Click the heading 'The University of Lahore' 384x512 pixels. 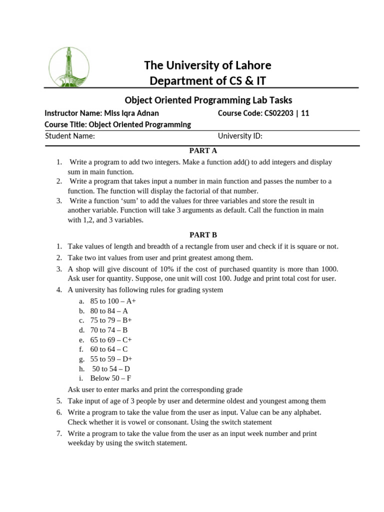tap(207, 65)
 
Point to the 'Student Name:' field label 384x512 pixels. tap(70, 135)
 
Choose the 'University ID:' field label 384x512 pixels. tap(240, 135)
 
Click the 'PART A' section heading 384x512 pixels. tap(202, 150)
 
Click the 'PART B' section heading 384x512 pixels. tap(202, 234)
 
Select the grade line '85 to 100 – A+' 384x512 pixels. tap(113, 301)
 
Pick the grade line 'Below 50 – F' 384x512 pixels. tap(110, 378)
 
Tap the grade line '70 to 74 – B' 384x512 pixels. tap(109, 330)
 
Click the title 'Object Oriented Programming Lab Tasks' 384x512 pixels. tap(207, 100)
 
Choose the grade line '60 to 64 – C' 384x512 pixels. tap(109, 349)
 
